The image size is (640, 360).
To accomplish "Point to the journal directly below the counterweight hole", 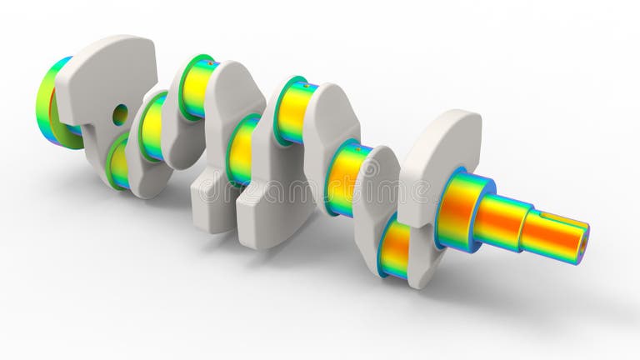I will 119,162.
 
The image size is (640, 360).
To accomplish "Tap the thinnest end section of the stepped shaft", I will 554,236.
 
